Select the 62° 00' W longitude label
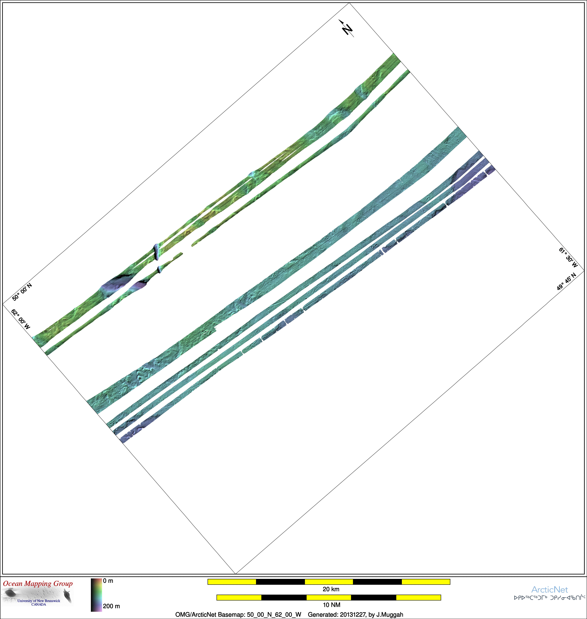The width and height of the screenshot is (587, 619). click(x=21, y=319)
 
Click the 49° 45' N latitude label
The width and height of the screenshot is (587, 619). click(x=566, y=281)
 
